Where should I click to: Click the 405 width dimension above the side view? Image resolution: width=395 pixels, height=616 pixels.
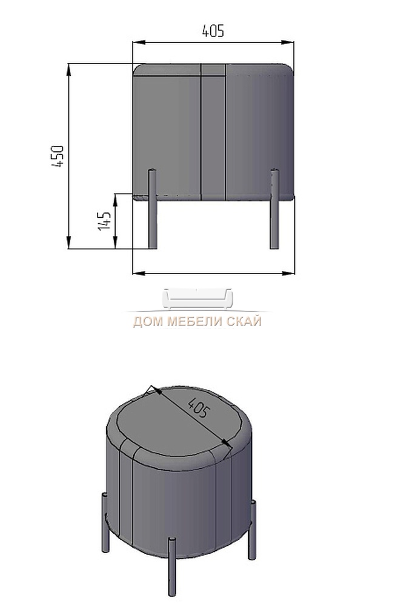[x=213, y=31]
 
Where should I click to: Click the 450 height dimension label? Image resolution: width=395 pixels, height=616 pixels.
[x=58, y=156]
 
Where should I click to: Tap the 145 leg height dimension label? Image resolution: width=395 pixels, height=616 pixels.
[x=104, y=221]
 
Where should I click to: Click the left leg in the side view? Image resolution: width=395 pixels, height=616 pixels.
[x=152, y=209]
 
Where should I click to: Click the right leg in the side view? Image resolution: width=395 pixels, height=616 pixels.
[x=274, y=209]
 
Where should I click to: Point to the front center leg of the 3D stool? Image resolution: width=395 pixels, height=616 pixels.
[x=172, y=566]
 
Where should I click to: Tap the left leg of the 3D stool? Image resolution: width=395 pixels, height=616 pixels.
[x=105, y=522]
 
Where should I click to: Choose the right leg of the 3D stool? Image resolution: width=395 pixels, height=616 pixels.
[x=252, y=529]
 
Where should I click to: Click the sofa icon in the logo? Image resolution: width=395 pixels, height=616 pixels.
[x=197, y=299]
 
